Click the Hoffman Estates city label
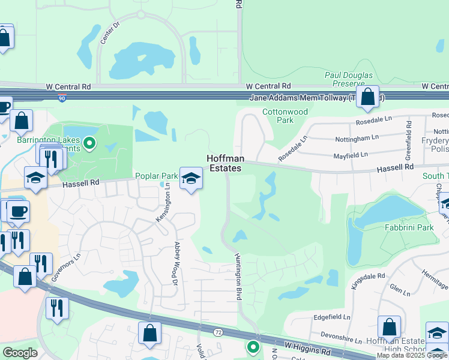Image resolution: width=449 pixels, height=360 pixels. pos(224,163)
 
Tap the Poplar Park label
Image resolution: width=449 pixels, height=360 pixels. pos(156,176)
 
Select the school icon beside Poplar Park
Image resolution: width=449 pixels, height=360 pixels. pos(191,178)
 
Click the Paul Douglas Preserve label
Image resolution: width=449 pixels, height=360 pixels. pos(349,79)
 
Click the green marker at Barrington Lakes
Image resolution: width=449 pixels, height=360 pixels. pos(89,143)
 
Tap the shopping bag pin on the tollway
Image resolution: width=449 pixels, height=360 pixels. pos(367,97)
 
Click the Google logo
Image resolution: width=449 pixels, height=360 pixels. pos(20,353)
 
